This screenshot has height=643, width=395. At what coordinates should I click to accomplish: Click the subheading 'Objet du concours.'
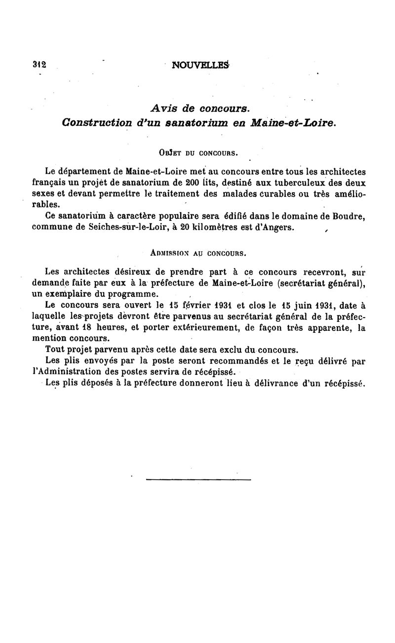coord(200,152)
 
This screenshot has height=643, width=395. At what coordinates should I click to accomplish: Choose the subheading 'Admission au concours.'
coord(198,254)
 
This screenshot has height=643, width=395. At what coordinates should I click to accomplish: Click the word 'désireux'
coord(135,272)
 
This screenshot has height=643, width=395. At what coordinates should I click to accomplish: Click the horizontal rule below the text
coord(198,479)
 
